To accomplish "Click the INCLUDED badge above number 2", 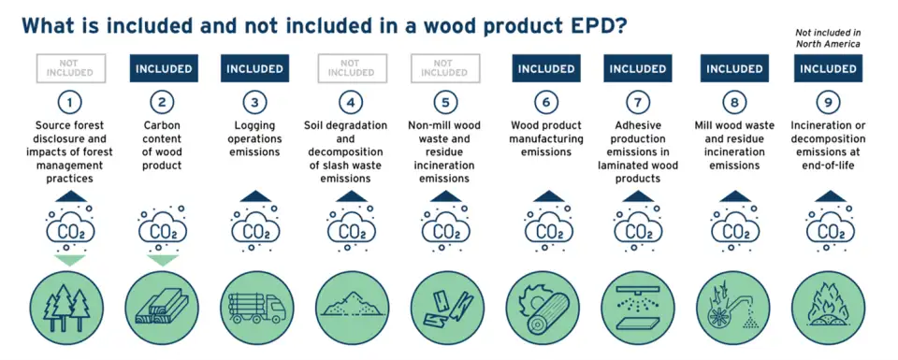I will click(x=163, y=68).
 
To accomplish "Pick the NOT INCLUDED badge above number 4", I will click(x=351, y=68).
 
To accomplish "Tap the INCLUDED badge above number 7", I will click(x=638, y=68).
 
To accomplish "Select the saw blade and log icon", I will click(x=543, y=304).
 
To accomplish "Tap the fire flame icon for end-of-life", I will click(x=828, y=304).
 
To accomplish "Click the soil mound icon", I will click(x=351, y=304).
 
